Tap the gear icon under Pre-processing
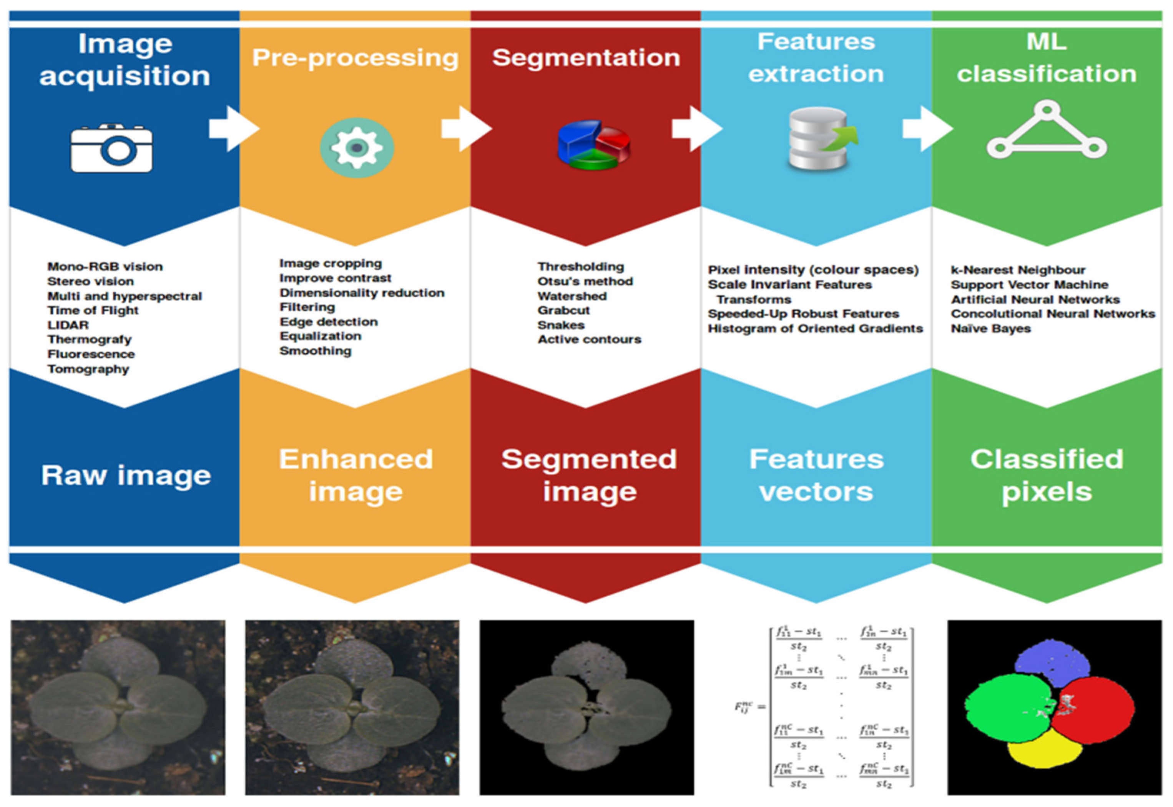coord(357,148)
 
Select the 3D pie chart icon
coord(593,145)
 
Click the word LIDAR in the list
coord(68,325)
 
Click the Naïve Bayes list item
coord(990,329)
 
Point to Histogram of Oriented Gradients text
coord(815,329)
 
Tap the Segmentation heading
coord(586,58)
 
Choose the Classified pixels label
coord(1047,475)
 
